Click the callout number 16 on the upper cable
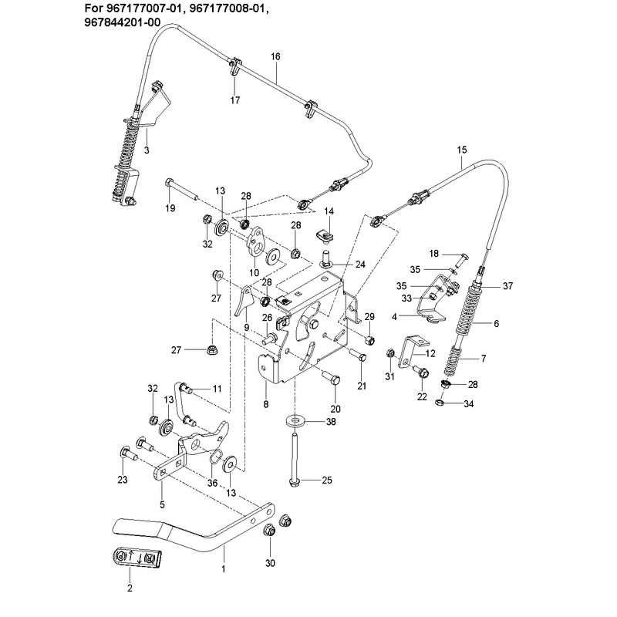point(275,56)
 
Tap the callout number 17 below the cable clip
point(235,100)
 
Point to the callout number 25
point(327,480)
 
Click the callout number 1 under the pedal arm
point(224,568)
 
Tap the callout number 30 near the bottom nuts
point(270,563)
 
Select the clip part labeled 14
point(325,237)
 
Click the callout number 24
point(360,265)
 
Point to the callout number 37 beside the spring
point(508,286)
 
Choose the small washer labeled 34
point(440,402)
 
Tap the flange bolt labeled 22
point(420,372)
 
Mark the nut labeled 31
point(390,353)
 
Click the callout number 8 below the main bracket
point(266,403)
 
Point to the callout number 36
point(212,483)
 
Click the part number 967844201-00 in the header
point(123,22)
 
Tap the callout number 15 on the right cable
point(462,150)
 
